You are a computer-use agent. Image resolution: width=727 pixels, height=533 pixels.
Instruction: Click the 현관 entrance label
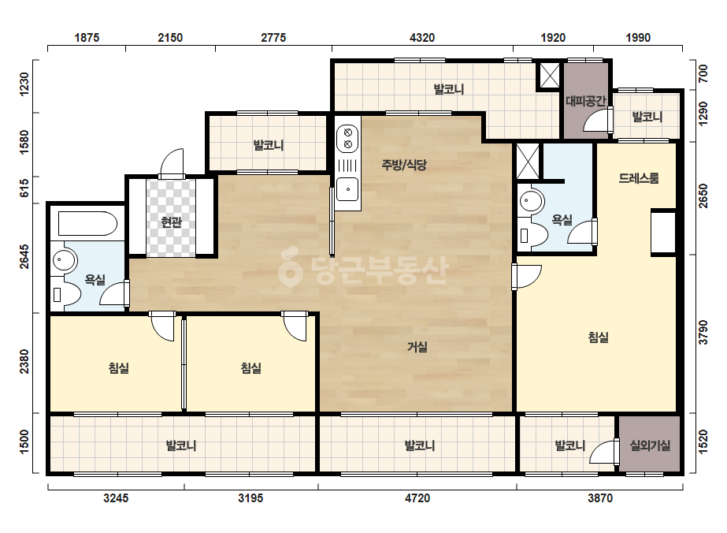171,222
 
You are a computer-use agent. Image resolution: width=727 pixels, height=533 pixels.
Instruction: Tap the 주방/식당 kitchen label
404,165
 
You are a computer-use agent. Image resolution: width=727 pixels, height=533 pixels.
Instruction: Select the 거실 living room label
417,347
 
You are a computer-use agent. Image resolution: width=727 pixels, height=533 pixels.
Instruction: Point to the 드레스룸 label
639,178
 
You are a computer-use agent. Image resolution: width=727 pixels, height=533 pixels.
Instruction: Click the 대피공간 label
586,101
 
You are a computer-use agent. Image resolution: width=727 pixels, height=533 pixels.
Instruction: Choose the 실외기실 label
650,445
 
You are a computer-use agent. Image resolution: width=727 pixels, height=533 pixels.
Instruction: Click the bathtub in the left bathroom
87,224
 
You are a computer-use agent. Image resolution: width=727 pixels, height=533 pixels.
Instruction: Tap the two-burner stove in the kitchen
347,138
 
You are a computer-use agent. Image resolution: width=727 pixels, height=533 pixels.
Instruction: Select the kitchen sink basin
347,189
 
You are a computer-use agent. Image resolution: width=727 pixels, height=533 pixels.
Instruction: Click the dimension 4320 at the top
422,38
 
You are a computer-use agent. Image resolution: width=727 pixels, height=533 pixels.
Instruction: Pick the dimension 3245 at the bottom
116,498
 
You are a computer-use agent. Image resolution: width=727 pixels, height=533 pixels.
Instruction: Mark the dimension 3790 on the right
703,333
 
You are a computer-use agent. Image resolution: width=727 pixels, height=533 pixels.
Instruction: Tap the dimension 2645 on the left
24,256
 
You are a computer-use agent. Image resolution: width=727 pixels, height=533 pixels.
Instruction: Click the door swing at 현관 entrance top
172,163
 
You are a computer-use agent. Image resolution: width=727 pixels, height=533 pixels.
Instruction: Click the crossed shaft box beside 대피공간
550,75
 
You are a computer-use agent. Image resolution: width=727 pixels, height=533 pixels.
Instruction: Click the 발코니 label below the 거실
419,445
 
